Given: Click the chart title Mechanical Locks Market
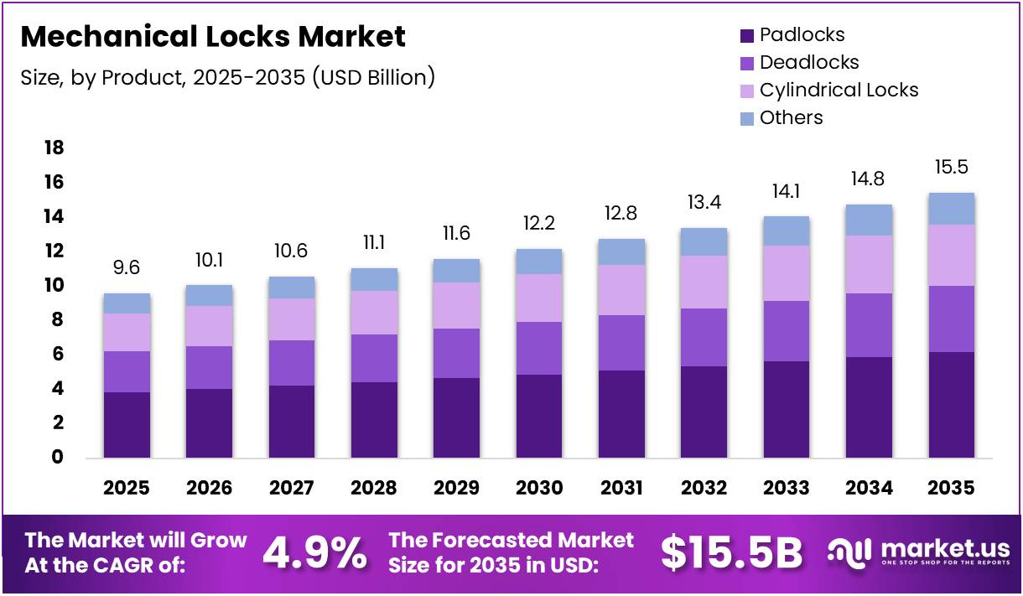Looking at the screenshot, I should click(213, 37).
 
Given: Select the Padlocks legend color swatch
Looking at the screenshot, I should click(746, 36).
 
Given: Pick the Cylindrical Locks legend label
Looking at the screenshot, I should click(839, 91).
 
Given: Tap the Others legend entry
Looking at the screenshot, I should click(791, 118).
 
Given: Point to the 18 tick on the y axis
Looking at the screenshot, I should click(53, 148).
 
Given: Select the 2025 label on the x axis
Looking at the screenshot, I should click(127, 488).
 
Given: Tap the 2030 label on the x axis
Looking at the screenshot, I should click(539, 488).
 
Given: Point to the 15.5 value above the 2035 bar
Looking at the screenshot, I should click(951, 168).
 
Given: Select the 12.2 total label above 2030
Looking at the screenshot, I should click(539, 224).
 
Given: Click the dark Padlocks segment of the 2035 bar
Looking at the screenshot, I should click(951, 405).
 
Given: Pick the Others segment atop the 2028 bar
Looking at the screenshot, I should click(374, 279).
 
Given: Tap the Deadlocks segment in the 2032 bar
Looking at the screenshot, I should click(704, 337).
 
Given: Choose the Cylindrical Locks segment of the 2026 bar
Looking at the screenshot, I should click(209, 326).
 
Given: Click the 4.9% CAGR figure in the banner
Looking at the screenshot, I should click(314, 553).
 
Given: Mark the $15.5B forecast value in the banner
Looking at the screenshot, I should click(731, 553).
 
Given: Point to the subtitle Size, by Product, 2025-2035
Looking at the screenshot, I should click(227, 78).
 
